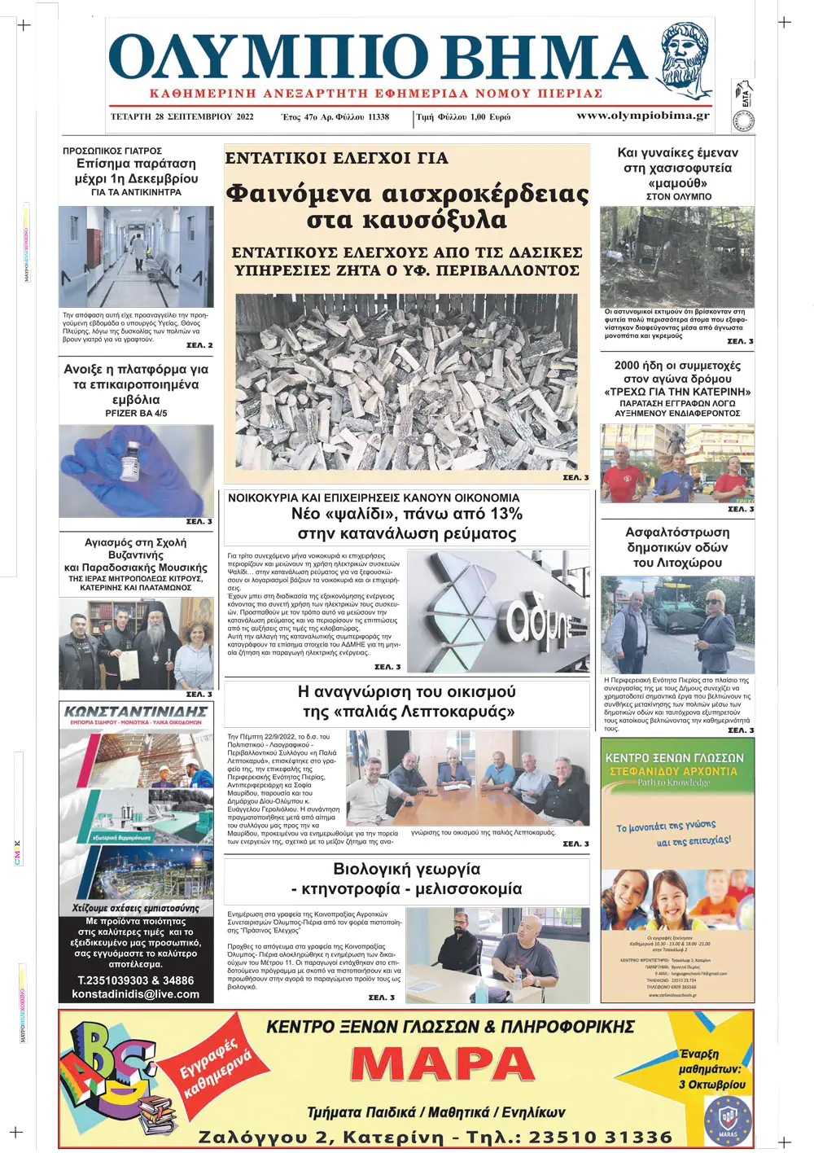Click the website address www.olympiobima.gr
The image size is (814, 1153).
tap(642, 116)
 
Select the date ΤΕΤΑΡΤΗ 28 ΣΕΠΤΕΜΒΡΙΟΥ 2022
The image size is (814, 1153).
tap(182, 116)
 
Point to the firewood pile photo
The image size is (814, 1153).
tap(406, 381)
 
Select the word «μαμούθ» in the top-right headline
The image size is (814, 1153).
tap(677, 183)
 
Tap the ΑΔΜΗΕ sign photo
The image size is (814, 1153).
tap(497, 611)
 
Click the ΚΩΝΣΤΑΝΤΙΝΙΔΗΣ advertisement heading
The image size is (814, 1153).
tap(136, 711)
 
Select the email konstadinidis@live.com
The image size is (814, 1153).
tap(136, 994)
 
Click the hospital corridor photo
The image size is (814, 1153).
tap(136, 256)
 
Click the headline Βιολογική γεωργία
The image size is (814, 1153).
tap(407, 869)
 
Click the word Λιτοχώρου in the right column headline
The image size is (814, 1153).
tap(677, 563)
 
